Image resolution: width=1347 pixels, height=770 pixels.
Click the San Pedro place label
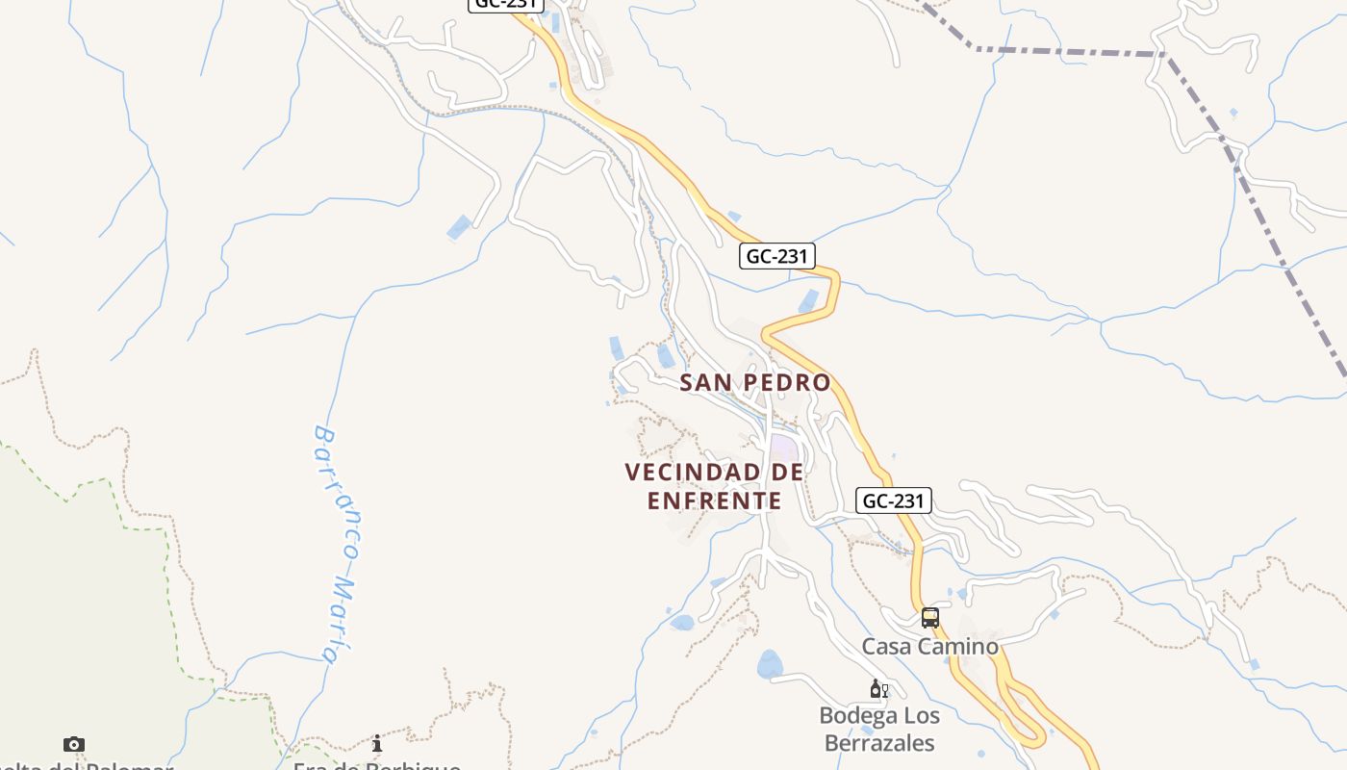[x=754, y=382]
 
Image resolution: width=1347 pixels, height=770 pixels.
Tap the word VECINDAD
[x=690, y=473]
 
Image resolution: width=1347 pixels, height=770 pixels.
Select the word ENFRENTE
[x=714, y=500]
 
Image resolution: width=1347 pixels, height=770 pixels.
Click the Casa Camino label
[x=929, y=646]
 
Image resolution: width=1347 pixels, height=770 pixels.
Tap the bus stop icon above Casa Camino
[x=929, y=618]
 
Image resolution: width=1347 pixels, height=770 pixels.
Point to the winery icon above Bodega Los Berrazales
[x=877, y=689]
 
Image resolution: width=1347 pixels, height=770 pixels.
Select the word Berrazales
[x=879, y=743]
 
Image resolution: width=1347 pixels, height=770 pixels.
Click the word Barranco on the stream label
[x=336, y=491]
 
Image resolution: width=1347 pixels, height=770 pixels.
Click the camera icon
[x=74, y=744]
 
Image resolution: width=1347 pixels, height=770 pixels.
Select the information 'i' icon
[x=377, y=744]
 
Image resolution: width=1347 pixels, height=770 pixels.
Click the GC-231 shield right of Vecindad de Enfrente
[x=893, y=500]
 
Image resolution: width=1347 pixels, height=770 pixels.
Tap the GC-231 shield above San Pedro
[x=776, y=256]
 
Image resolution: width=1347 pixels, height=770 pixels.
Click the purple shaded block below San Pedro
[x=783, y=449]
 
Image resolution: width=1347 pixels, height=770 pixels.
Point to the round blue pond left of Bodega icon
[x=770, y=664]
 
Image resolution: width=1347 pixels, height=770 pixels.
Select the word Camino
[x=962, y=646]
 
